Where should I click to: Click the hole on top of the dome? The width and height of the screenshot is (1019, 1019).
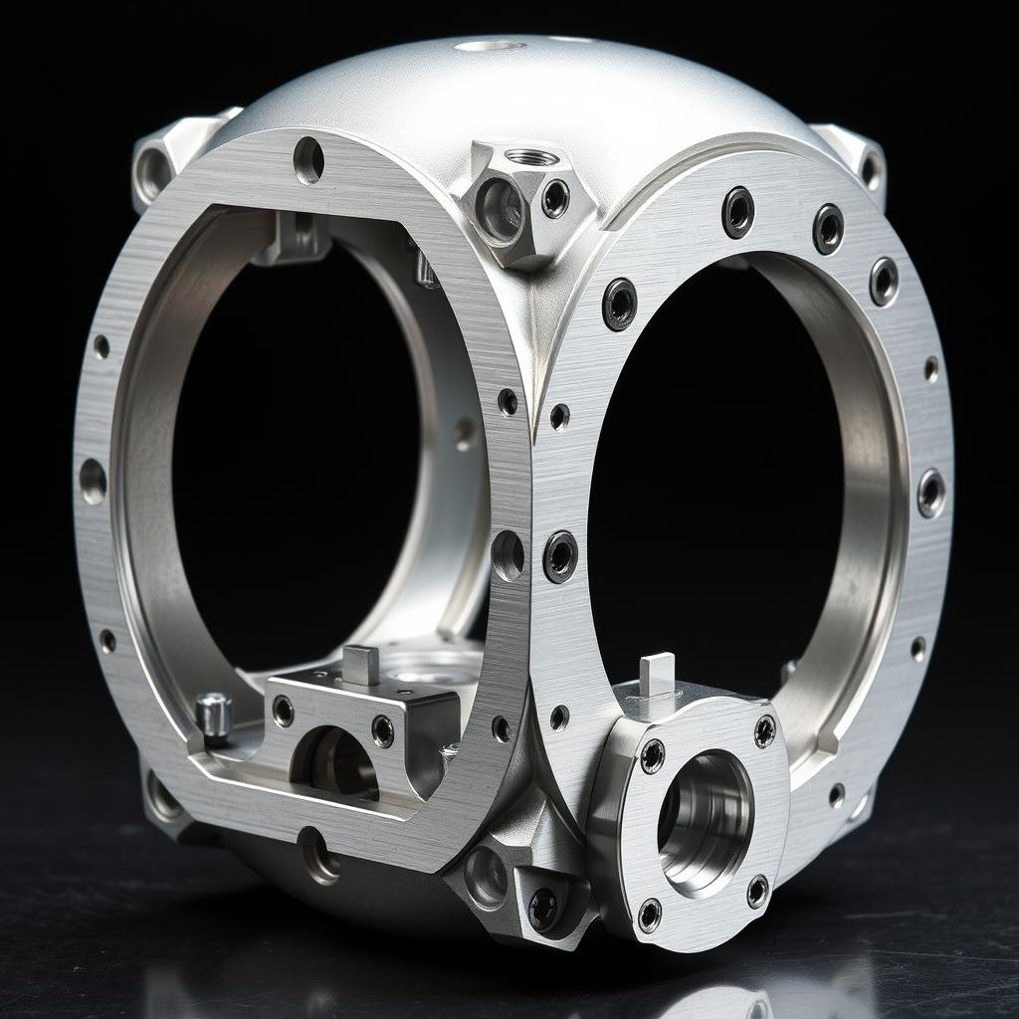490,45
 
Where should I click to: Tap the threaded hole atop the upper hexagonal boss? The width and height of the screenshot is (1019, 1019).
531,157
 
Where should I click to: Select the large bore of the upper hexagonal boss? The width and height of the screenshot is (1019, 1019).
499,209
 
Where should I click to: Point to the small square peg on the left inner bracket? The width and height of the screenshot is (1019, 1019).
360,665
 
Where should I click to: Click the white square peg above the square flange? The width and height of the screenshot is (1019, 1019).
657,674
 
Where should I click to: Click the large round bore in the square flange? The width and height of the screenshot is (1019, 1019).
705,819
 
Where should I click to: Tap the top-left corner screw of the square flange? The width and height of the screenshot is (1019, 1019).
652,756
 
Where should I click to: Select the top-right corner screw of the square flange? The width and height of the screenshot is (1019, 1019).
764,731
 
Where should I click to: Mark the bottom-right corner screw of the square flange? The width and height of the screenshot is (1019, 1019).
757,892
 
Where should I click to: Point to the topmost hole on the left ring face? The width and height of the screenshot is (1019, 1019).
308,159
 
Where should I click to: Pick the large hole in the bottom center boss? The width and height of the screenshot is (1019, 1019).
486,877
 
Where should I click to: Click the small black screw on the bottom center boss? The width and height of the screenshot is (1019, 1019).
542,907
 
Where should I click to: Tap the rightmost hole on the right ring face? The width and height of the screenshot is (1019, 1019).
931,493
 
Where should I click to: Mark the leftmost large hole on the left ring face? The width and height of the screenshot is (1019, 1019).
93,481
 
